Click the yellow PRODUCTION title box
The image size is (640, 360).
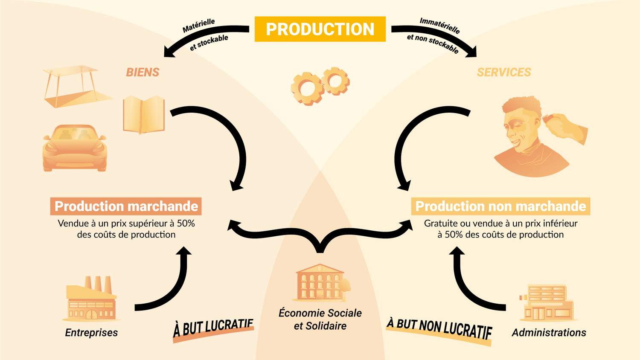(320, 29)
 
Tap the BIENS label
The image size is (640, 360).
(143, 73)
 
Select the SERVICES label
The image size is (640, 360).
(504, 73)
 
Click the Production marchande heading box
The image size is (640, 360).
(126, 206)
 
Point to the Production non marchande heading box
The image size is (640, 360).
(500, 206)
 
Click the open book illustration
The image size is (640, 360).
(143, 114)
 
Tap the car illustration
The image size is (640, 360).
(75, 148)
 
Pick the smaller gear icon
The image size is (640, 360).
(336, 81)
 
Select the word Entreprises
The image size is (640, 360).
(91, 333)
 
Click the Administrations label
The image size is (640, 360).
(549, 333)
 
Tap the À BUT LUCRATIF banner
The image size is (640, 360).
(213, 328)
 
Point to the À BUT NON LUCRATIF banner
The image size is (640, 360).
(439, 329)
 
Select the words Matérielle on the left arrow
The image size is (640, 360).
(199, 26)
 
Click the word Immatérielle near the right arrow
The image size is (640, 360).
(439, 25)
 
